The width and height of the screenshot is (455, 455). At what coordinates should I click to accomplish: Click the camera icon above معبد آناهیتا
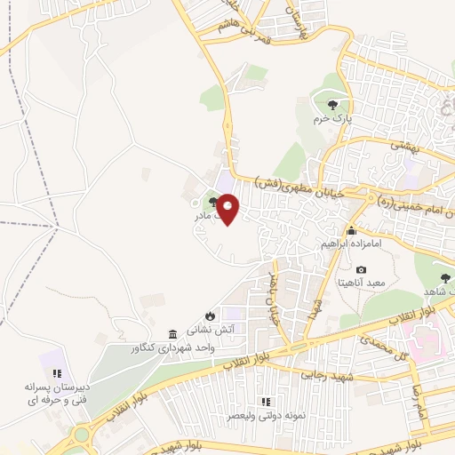click(x=361, y=269)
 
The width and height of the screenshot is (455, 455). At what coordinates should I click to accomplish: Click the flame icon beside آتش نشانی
click(x=210, y=315)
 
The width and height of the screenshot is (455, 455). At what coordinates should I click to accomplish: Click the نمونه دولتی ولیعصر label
click(x=264, y=416)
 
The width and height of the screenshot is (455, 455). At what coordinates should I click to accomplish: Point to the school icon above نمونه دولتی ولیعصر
click(x=264, y=401)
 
